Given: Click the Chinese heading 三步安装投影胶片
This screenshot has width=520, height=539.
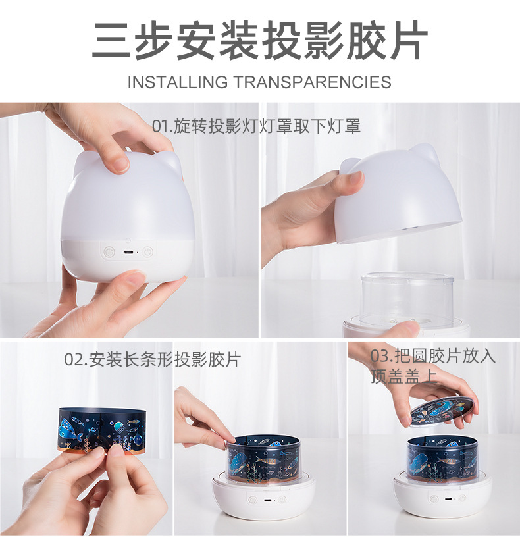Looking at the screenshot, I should click(x=260, y=41).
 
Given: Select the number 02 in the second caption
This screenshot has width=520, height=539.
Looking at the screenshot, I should click(x=73, y=359).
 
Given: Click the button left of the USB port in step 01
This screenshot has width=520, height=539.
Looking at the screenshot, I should click(x=108, y=251).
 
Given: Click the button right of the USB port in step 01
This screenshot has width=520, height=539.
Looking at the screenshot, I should click(x=147, y=251).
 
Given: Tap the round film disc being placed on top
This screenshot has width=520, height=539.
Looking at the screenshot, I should click(x=442, y=410).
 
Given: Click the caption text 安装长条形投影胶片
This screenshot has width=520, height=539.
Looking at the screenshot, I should click(x=165, y=359).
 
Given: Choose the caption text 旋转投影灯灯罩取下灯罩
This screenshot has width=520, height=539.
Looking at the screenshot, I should click(x=267, y=126).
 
